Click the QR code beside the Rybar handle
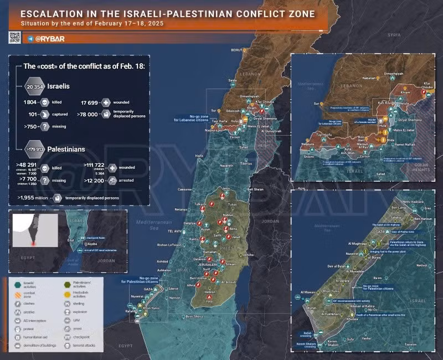click(x=14, y=38)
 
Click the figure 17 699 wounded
click(x=92, y=102)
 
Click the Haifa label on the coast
click(x=199, y=156)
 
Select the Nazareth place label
click(x=226, y=166)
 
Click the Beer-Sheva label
click(x=195, y=317)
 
